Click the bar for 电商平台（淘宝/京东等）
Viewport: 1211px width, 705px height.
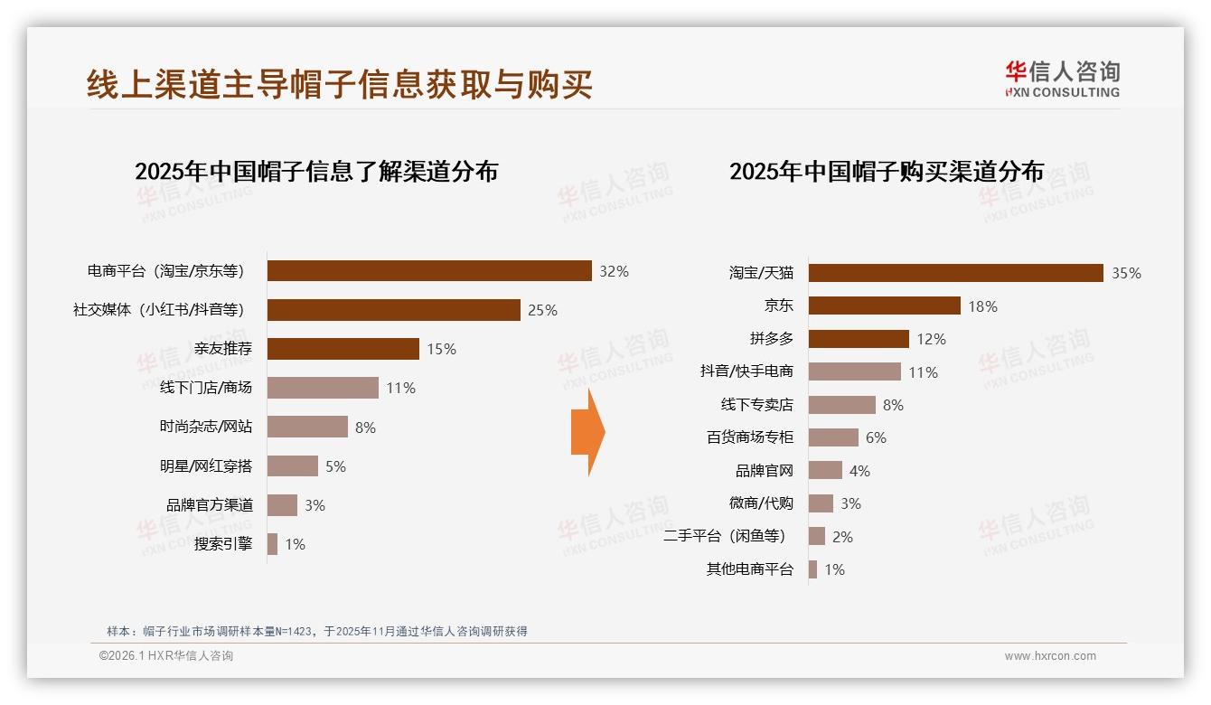tap(429, 271)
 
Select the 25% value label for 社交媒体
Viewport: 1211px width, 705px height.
tap(542, 310)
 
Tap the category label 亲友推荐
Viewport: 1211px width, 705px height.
tap(223, 349)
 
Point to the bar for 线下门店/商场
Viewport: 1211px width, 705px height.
tap(323, 388)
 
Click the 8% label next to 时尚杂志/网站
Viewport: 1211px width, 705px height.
tap(365, 428)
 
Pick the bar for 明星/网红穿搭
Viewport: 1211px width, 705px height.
tap(293, 466)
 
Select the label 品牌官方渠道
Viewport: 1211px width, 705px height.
tap(210, 505)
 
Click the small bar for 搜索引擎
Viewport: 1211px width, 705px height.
tap(272, 544)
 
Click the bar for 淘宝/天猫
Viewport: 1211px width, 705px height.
tap(955, 273)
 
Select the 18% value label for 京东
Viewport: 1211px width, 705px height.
tap(982, 306)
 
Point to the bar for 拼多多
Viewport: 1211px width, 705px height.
tap(859, 339)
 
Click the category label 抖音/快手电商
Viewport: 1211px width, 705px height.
tap(746, 371)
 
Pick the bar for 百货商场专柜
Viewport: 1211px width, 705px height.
tap(833, 437)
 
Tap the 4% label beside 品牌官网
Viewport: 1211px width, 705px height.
tap(859, 471)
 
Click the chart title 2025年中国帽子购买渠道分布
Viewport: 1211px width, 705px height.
tap(886, 172)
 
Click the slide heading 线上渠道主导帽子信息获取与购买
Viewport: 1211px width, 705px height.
tap(339, 84)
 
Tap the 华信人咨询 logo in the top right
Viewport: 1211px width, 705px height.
tap(1062, 79)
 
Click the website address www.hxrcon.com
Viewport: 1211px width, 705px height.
tap(1050, 656)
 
